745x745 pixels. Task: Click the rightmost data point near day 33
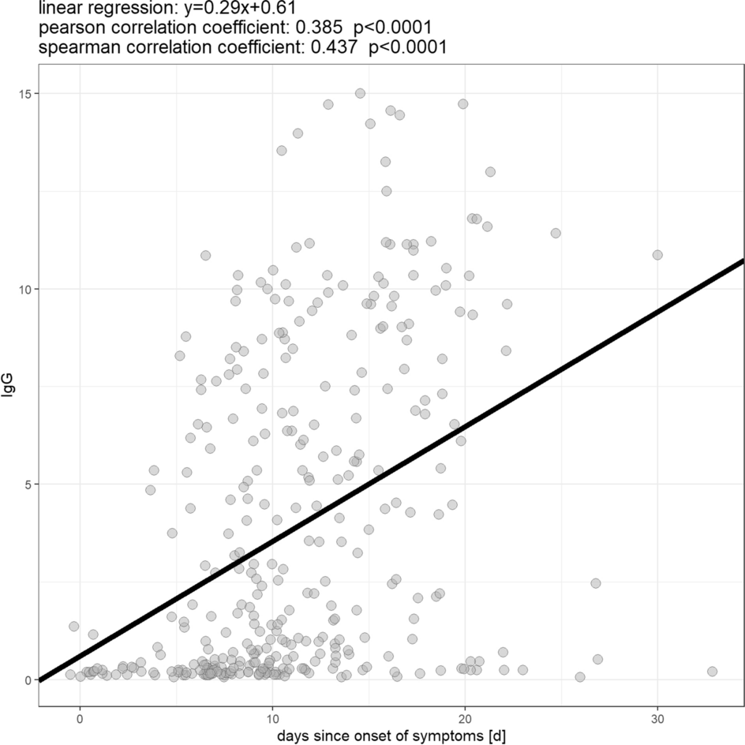(x=712, y=671)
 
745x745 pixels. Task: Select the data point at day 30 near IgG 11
(x=657, y=255)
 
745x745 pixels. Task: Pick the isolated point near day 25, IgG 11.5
(x=556, y=233)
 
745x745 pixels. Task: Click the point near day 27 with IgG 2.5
(x=595, y=583)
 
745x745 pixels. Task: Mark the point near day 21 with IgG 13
(x=490, y=171)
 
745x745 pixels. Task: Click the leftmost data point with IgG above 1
(x=73, y=626)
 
